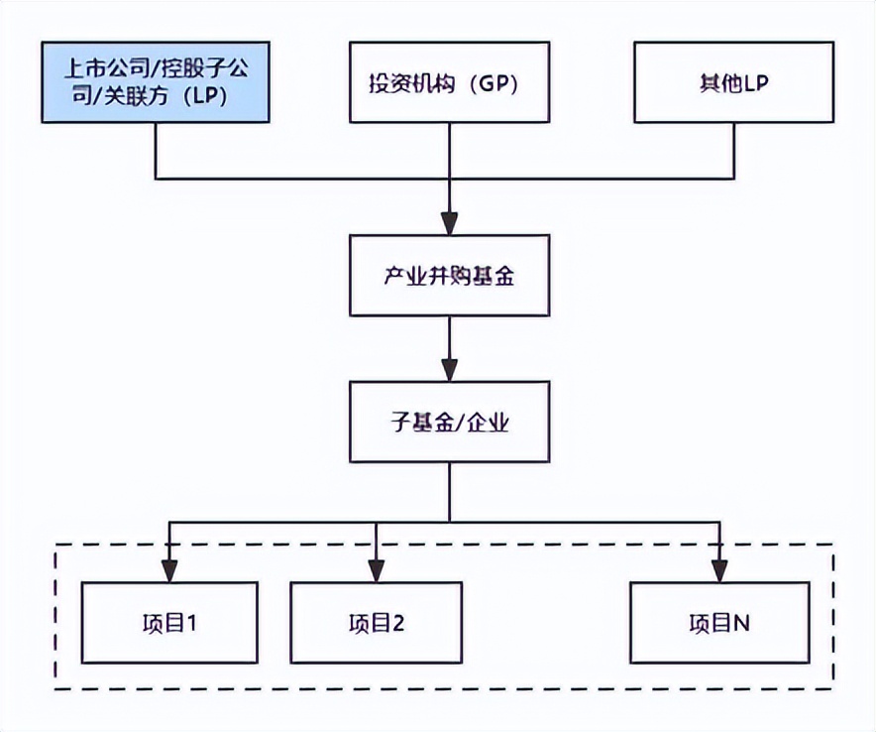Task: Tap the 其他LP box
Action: coord(734,82)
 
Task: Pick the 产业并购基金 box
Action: coord(449,275)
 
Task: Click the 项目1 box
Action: coord(169,622)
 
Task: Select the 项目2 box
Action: coord(376,622)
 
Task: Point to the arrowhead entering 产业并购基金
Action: coord(450,223)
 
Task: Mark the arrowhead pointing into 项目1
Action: coord(169,570)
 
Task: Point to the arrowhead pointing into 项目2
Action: coord(376,570)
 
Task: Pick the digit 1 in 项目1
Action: coord(193,623)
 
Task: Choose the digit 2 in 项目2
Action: coord(399,623)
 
